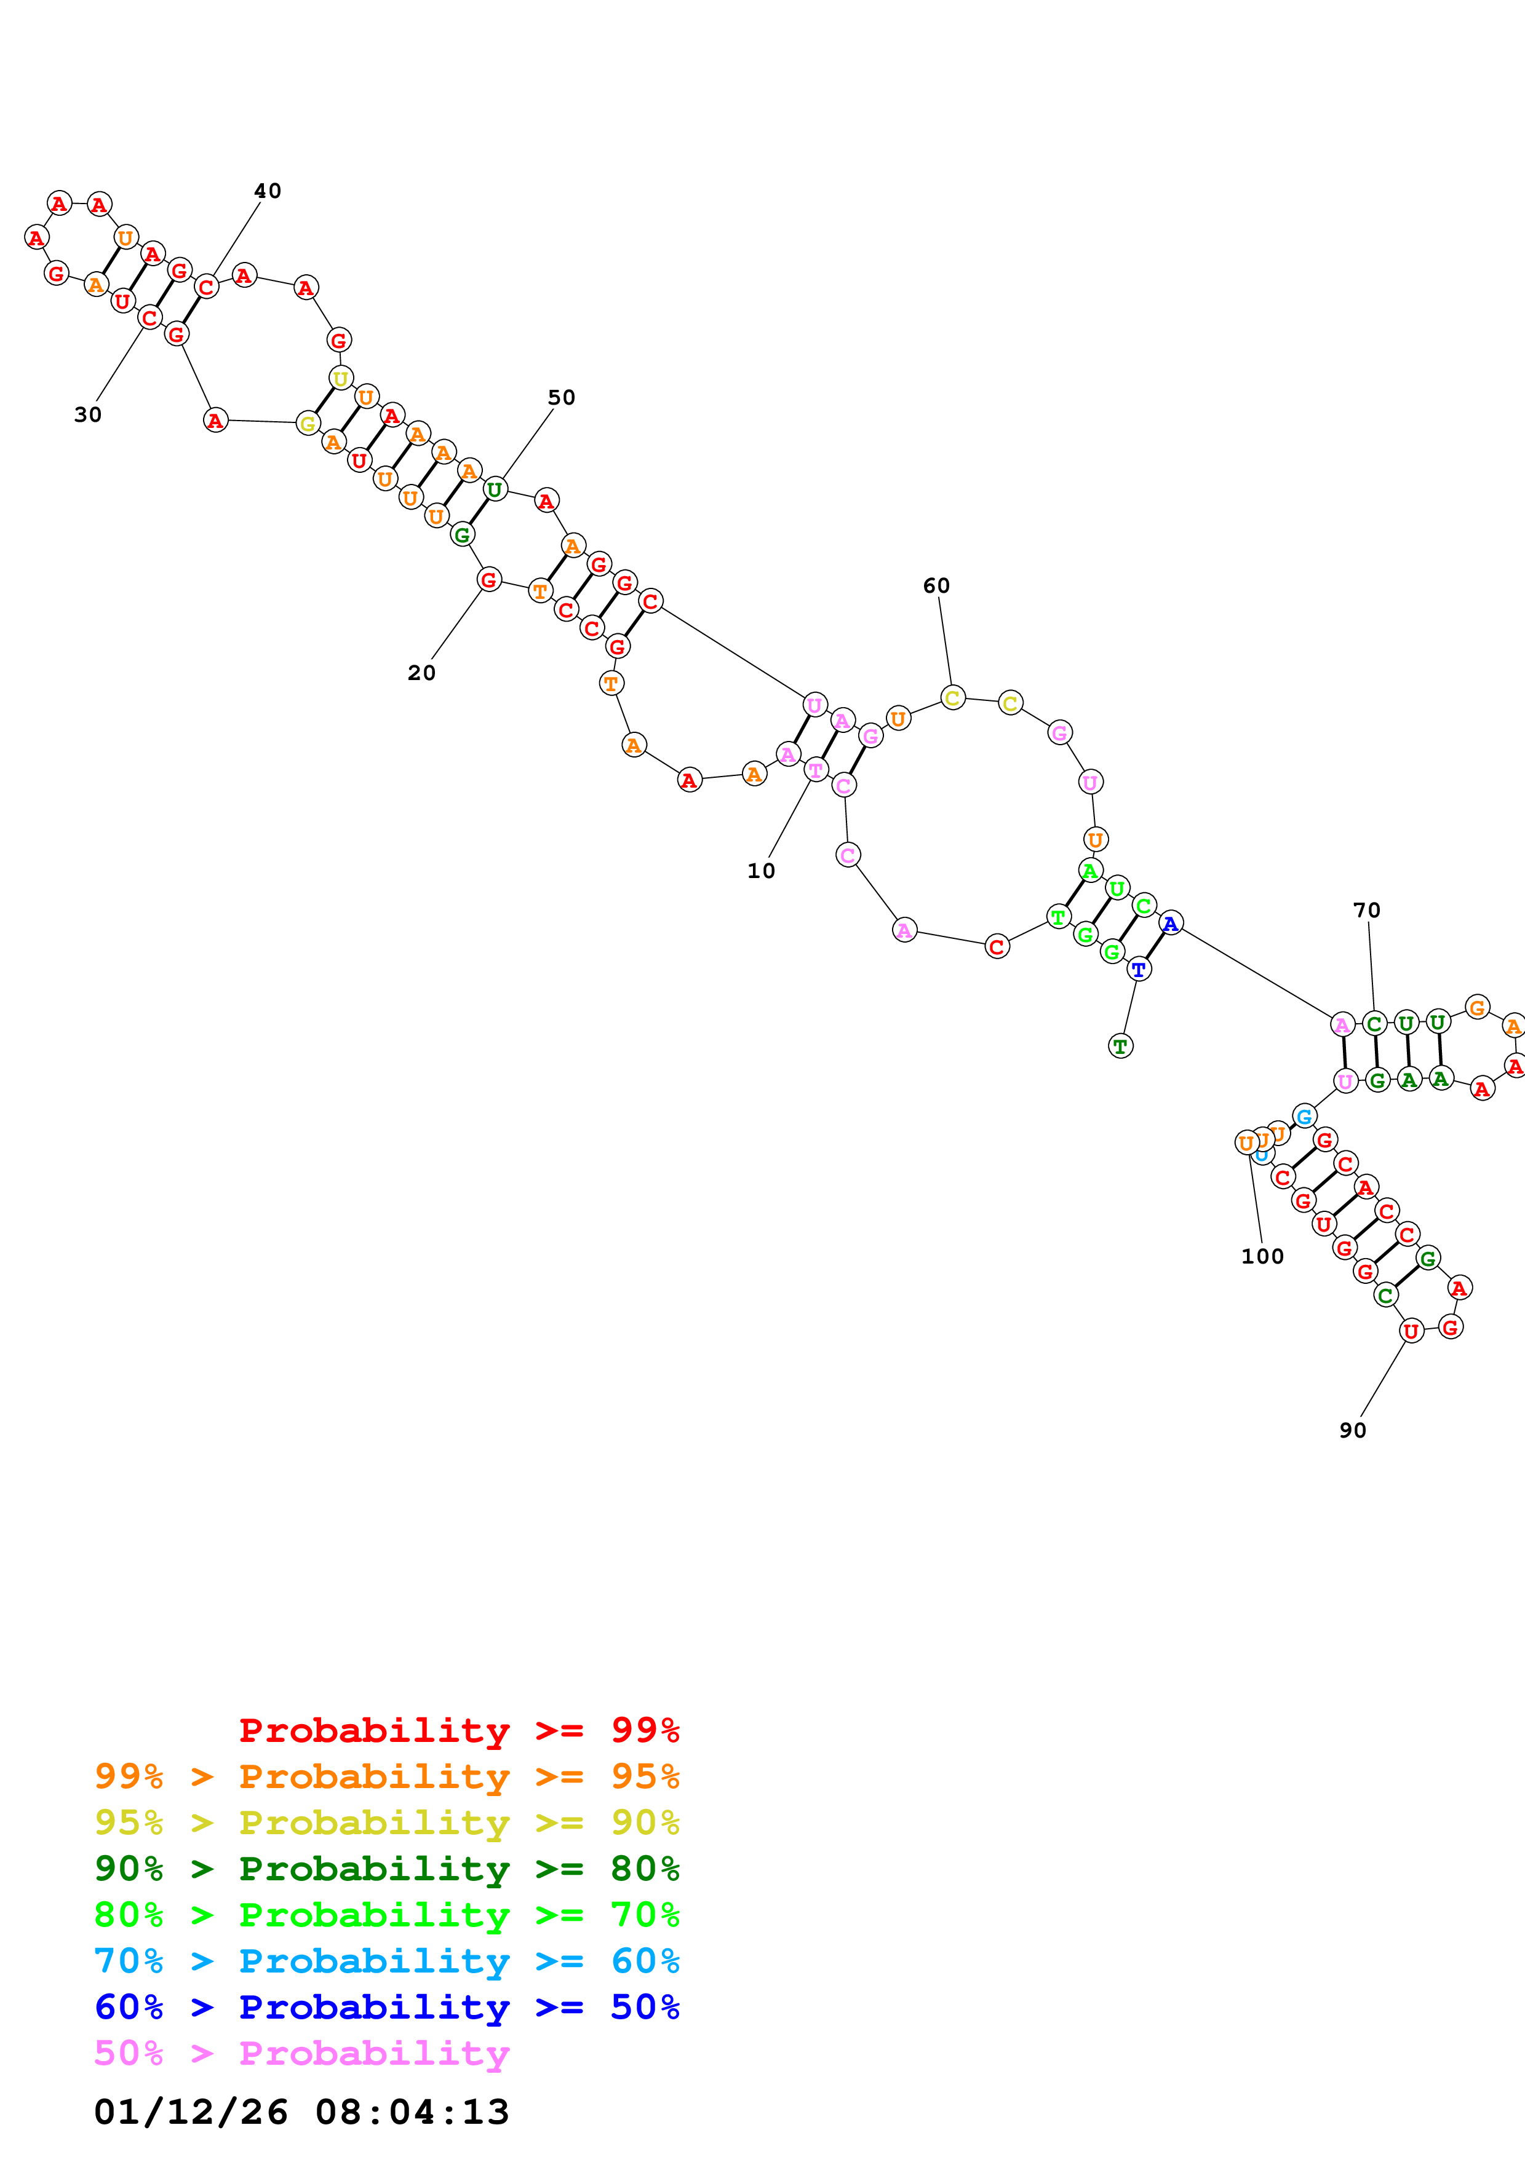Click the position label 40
(268, 191)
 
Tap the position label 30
(87, 414)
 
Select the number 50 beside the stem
(561, 397)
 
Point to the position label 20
(421, 673)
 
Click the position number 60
(936, 585)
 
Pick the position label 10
(761, 871)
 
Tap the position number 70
(1366, 911)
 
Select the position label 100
(1262, 1256)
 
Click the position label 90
(1352, 1430)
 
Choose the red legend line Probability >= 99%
(458, 1730)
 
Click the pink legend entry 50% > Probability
(301, 2052)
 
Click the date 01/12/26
(191, 2112)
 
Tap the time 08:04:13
(412, 2112)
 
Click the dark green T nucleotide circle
(1120, 1046)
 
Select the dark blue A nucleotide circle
(1170, 924)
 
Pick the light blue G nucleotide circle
(1304, 1116)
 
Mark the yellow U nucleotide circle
(340, 379)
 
